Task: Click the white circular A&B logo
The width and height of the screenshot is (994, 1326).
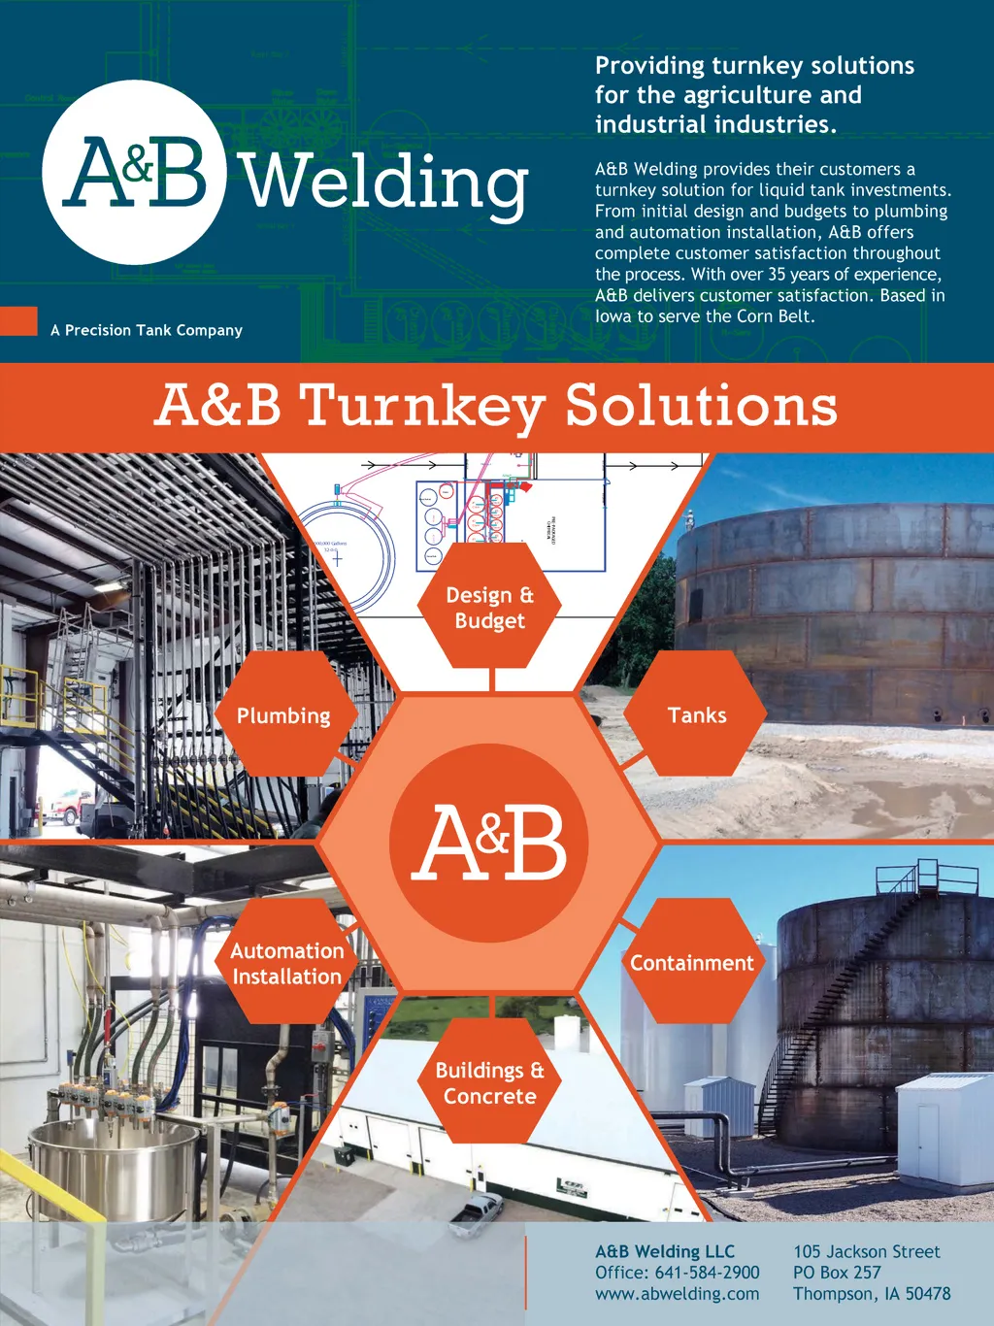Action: [x=134, y=172]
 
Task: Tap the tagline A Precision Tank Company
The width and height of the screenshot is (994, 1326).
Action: [x=147, y=330]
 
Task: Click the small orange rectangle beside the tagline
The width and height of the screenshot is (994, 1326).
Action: [x=18, y=321]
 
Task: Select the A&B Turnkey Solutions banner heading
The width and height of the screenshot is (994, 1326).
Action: [x=496, y=406]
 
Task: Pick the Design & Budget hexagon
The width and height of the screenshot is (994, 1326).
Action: [x=489, y=607]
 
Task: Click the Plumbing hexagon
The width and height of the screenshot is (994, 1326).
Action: [x=284, y=715]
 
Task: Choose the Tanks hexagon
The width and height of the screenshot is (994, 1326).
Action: [x=696, y=715]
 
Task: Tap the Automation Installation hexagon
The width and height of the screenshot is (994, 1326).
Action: [x=286, y=963]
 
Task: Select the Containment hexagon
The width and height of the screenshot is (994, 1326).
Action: [x=692, y=963]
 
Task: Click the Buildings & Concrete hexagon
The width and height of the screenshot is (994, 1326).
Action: [x=489, y=1082]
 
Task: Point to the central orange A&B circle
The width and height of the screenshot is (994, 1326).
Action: [x=489, y=843]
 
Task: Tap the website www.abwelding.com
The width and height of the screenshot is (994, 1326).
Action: [x=678, y=1294]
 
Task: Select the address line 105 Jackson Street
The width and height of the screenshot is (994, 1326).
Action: [x=867, y=1252]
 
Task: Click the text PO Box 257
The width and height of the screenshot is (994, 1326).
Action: [x=837, y=1273]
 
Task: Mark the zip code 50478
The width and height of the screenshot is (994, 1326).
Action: [x=928, y=1294]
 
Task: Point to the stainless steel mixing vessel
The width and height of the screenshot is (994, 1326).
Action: [x=115, y=1165]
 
